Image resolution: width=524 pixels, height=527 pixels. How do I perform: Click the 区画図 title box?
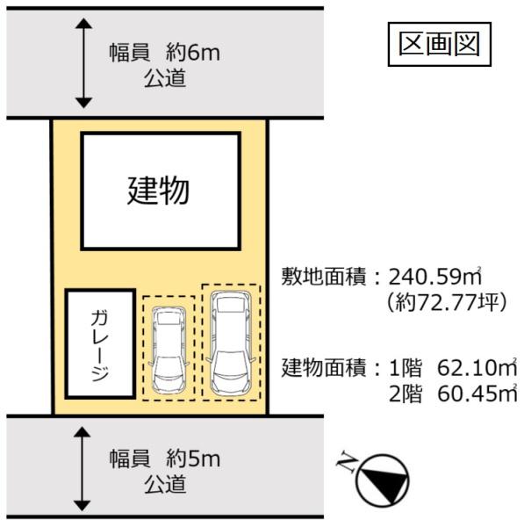440,44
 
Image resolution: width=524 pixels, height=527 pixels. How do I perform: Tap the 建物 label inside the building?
159,191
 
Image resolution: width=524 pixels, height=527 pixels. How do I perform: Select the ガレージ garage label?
100,345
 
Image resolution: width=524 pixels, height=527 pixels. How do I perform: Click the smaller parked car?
169,350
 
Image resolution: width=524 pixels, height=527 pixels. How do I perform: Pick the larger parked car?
231,343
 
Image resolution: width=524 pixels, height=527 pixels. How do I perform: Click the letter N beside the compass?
347,461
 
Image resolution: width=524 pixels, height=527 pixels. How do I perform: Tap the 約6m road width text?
192,53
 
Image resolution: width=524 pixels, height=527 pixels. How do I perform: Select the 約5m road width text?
192,458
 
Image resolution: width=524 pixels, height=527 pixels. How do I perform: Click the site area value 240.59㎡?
435,277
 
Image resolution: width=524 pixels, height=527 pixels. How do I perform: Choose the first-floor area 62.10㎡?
477,367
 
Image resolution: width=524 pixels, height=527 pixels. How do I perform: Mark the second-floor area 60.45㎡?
477,393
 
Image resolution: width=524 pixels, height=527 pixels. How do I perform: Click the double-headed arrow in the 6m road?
83,63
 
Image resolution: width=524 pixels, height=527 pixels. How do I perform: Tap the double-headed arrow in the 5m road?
83,469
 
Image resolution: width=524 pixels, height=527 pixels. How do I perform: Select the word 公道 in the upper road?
165,78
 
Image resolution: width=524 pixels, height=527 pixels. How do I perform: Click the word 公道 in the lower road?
165,484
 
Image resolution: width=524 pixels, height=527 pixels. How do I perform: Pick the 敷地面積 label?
323,277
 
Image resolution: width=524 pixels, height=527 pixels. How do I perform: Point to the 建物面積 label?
323,367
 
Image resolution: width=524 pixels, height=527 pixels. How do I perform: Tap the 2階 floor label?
405,393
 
